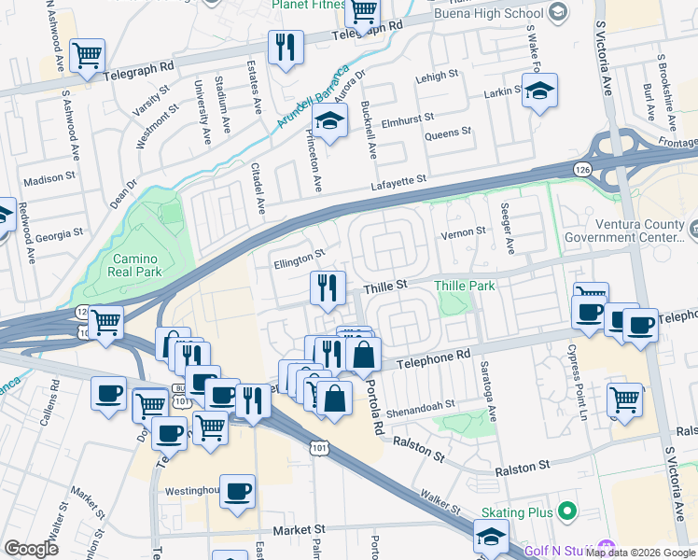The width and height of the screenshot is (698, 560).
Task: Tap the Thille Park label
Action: coord(465,286)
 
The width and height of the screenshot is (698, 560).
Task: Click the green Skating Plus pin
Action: coord(566,512)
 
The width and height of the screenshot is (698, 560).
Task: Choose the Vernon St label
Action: coord(464,231)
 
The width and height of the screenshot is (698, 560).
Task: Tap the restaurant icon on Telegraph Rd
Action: coord(286,48)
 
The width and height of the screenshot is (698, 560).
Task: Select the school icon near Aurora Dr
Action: coord(329,122)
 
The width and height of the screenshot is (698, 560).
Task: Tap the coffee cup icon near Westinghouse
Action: coord(237,491)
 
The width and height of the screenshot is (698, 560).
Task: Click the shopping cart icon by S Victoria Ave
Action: coord(624,399)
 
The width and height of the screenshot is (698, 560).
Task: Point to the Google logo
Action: coord(31,549)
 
